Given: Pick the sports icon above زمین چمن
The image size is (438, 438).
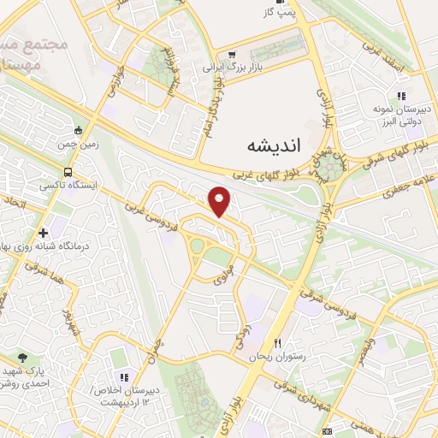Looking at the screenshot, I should [79, 130].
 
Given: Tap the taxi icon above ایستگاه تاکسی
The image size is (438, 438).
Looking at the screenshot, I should [57, 169].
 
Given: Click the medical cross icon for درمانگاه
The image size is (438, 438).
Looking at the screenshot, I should [43, 233].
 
